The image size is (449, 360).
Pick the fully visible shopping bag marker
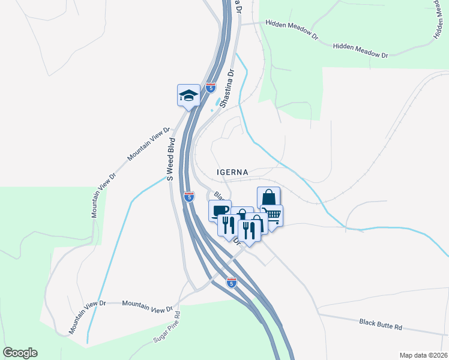coord(268,198)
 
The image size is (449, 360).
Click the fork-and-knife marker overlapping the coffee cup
coord(228,226)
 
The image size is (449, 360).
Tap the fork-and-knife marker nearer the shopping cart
coord(250,230)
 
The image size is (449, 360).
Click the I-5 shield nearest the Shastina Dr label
coord(210,88)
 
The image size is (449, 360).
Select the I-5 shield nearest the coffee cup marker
coord(189,196)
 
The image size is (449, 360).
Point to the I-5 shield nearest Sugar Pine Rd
coord(232,281)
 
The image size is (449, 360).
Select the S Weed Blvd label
coord(170,159)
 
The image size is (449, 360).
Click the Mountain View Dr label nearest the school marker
coord(149,144)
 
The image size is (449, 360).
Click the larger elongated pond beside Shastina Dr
coord(217,103)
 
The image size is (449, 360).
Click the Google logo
coord(20,353)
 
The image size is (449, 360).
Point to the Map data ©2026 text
coord(423,355)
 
